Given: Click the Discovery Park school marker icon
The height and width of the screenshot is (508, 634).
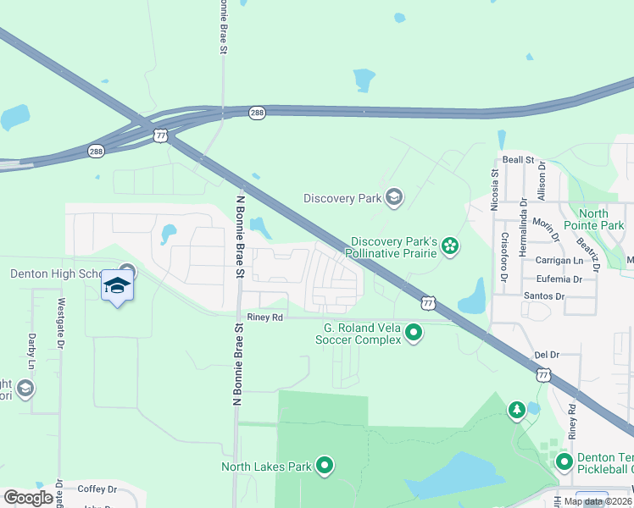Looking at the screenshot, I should pos(393,198).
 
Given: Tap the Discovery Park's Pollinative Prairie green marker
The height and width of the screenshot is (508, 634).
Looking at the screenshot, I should pos(450,246).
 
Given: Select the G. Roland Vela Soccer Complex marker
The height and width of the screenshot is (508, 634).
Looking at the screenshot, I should pos(414,333).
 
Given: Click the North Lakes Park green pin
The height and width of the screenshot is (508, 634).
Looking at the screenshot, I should pos(325,465).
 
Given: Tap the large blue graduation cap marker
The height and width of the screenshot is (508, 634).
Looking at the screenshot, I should pos(117,286).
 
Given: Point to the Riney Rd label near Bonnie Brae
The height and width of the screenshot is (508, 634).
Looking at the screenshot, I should pos(264,317).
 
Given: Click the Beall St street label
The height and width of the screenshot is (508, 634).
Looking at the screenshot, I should pos(518,159).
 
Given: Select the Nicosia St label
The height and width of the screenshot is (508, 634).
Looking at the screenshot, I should pos(495,185).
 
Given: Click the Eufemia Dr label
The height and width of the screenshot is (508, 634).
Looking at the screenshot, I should pos(553,279).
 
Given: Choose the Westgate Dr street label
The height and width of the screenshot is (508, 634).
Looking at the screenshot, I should pos(60,323).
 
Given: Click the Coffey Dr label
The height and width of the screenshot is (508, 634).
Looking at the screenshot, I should pos(96,489).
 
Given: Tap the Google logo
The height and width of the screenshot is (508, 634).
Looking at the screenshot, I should pos(29,498).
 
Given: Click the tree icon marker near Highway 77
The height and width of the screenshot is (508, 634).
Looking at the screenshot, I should pos(516,411).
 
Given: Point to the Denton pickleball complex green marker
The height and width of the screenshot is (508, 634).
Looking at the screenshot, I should pos(564,462).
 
